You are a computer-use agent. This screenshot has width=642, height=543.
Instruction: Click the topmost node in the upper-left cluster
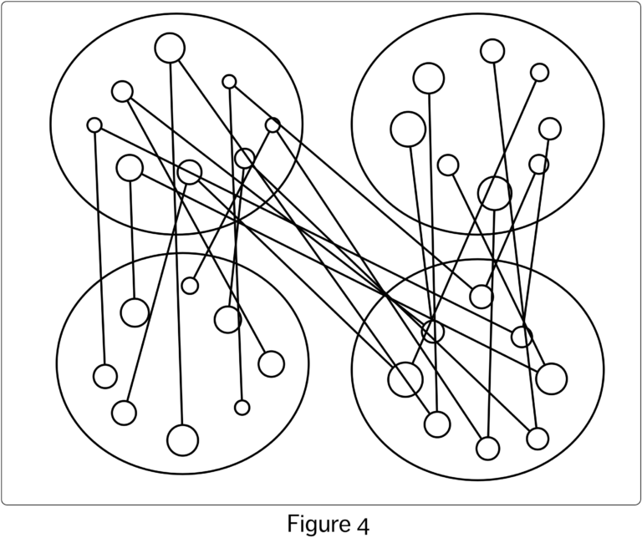coord(170,48)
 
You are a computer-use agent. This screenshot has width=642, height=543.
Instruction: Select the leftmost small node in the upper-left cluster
coord(94,125)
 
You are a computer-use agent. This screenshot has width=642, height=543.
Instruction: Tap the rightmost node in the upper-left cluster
coord(273,125)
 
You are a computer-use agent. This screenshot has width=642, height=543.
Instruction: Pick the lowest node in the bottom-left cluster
coord(182,440)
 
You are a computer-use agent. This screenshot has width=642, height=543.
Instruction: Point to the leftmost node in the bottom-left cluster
coord(105,377)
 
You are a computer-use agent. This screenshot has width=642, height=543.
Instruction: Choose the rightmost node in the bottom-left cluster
coord(271,364)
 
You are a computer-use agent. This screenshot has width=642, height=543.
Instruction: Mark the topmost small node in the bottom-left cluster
coord(190,286)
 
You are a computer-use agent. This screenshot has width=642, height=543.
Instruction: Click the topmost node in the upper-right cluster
coord(492,51)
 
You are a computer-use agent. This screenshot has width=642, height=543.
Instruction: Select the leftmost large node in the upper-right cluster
coord(408,129)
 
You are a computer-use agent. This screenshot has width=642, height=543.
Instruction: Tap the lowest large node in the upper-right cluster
coord(495,193)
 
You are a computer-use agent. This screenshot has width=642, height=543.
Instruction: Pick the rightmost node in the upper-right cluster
coord(550,129)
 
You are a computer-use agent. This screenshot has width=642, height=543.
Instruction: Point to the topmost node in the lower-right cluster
coord(481,297)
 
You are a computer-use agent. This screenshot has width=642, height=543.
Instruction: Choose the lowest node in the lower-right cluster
coord(487,449)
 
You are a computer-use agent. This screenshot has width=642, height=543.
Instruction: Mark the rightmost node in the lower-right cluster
coord(552,378)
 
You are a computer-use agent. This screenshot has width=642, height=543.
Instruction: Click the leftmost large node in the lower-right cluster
coord(405,379)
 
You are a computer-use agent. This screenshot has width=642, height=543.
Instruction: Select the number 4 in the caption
coord(363,526)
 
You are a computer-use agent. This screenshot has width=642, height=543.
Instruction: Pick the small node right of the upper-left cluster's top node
coord(229,82)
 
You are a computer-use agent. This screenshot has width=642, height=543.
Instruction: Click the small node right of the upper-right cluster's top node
coord(540,73)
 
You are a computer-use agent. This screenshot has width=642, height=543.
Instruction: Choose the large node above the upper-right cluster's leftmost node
coord(429,79)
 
